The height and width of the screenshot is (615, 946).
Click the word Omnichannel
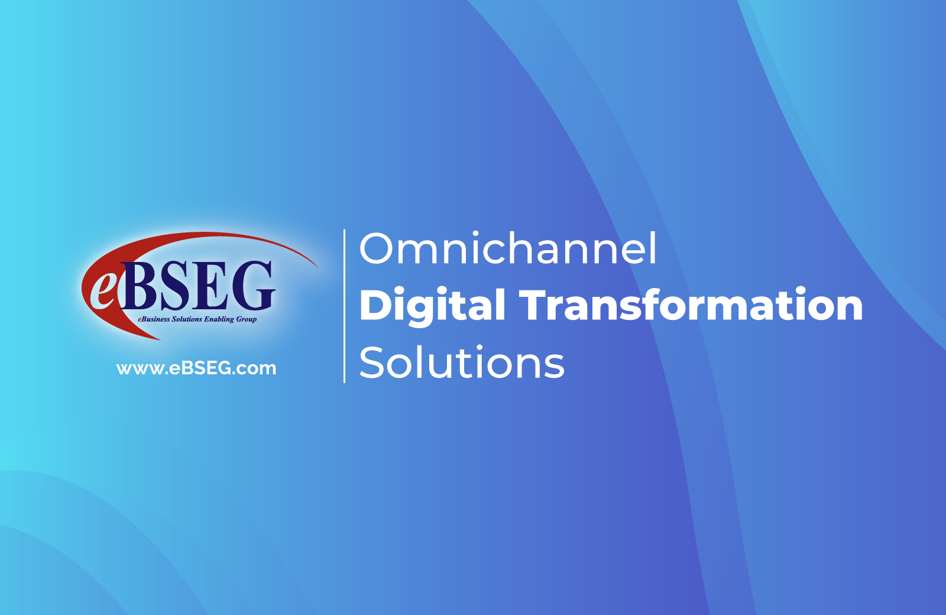click(508, 248)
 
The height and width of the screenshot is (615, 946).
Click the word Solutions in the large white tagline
click(462, 362)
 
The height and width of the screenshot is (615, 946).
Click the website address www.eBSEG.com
click(196, 368)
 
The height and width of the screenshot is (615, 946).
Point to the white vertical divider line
click(345, 306)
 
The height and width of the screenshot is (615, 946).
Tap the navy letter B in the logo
click(139, 286)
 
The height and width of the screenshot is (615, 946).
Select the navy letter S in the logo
click(174, 286)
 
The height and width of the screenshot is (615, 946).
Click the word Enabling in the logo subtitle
click(219, 319)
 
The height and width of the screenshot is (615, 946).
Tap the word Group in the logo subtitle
click(246, 319)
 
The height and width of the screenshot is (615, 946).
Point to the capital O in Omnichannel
click(376, 248)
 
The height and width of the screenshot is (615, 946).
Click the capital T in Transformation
click(534, 304)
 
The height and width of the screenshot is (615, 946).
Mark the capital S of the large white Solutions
click(372, 362)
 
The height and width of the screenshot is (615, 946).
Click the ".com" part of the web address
click(254, 369)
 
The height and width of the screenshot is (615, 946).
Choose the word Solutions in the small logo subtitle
click(187, 319)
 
